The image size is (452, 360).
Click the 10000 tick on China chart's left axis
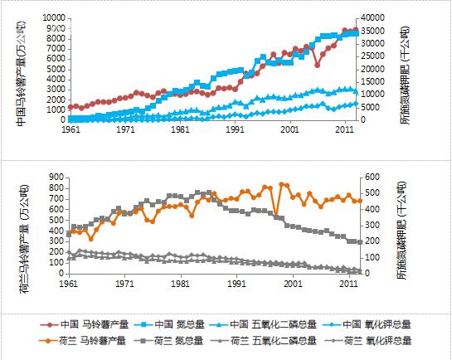[53, 17]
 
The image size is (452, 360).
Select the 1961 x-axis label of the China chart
[70, 130]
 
